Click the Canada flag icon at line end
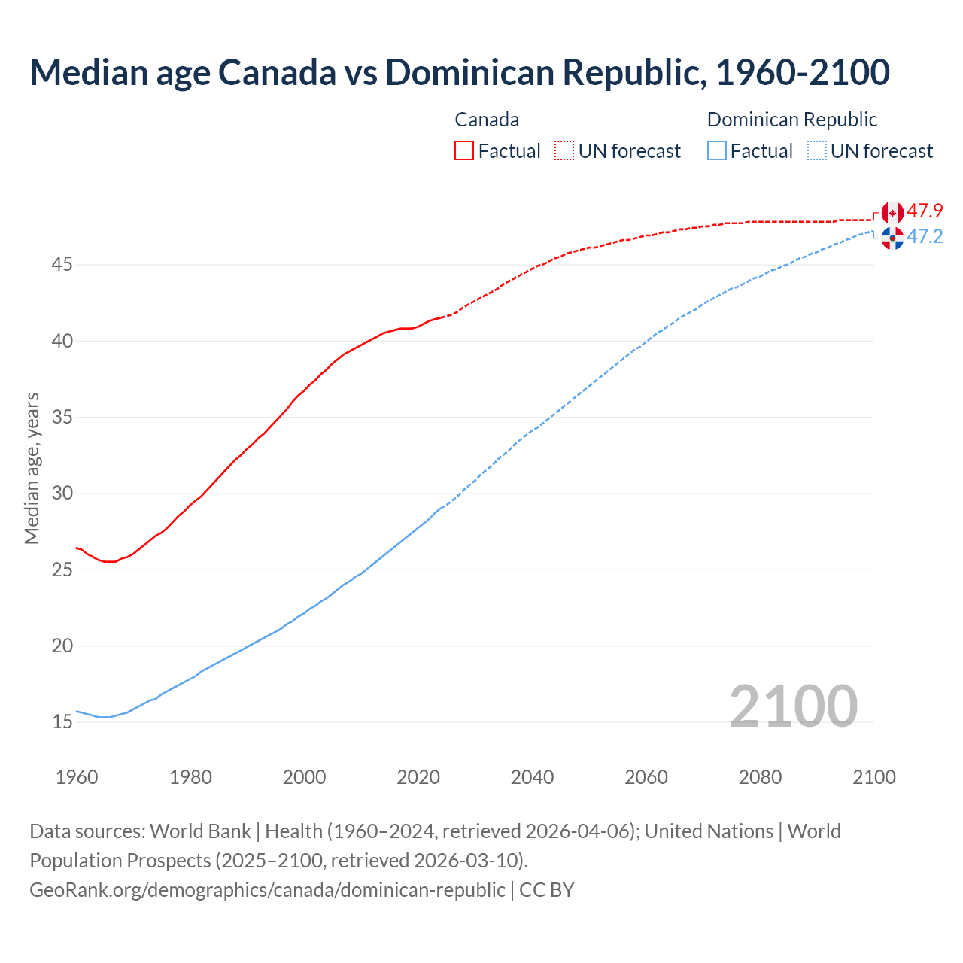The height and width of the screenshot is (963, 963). (x=892, y=213)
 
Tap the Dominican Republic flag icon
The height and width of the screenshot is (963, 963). (x=892, y=238)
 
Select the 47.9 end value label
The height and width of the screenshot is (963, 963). (x=925, y=211)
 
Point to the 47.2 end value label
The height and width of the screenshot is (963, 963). (x=925, y=236)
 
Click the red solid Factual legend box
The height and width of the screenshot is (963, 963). (x=464, y=150)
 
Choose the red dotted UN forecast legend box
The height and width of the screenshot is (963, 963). (x=564, y=150)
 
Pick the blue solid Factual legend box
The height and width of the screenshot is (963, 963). (x=717, y=150)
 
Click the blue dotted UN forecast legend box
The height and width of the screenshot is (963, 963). (x=817, y=150)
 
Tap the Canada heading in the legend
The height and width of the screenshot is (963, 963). (x=487, y=120)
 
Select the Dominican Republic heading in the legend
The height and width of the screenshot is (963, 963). (x=792, y=120)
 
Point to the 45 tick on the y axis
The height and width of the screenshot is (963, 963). (x=62, y=265)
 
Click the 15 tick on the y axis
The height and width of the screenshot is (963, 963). (x=62, y=722)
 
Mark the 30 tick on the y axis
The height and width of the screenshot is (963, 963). (x=62, y=494)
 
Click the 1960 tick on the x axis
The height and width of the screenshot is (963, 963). (x=77, y=777)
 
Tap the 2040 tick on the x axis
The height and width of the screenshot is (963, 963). (x=533, y=777)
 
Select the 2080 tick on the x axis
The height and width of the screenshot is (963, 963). (x=760, y=777)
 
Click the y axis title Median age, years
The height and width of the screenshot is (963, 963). (x=32, y=468)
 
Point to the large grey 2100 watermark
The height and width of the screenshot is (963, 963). (x=794, y=706)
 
